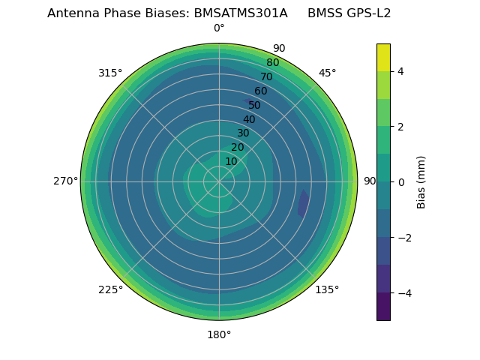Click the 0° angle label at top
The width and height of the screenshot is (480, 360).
[x=219, y=28]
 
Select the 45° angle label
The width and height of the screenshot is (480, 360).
[x=327, y=73]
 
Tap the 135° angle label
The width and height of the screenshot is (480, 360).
[x=327, y=289]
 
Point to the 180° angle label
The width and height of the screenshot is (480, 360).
[x=219, y=334]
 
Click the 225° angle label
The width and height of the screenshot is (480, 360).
[x=110, y=289]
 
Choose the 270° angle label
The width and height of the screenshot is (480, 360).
[x=66, y=181]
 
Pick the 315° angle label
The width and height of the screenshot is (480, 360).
[x=110, y=73]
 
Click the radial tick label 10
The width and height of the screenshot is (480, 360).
[x=231, y=161]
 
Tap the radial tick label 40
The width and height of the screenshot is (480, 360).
[x=249, y=119]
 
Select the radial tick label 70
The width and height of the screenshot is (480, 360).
[x=266, y=76]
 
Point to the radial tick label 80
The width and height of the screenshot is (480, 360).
[x=272, y=62]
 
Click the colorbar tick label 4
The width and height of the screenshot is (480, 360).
[x=400, y=71]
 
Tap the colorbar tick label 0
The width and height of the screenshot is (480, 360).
[x=400, y=181]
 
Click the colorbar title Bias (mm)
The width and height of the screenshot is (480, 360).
[x=421, y=181]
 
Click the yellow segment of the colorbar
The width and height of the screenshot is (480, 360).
[x=383, y=57]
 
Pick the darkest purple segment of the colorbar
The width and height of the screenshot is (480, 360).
[x=383, y=306]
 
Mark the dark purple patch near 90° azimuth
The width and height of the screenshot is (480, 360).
[x=303, y=202]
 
